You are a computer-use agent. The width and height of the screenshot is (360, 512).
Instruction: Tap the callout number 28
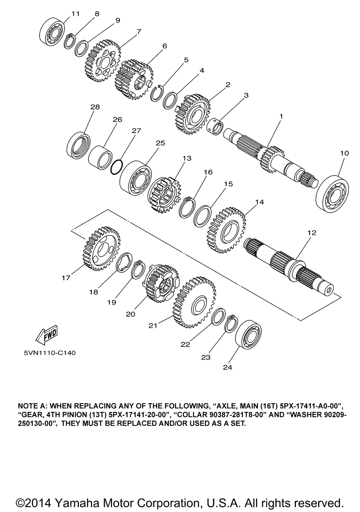(95, 107)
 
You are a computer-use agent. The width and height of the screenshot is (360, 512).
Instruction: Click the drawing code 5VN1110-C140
(50, 353)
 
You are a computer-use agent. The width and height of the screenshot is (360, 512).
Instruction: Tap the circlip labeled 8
(69, 41)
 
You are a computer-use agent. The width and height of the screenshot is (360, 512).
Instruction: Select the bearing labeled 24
(248, 334)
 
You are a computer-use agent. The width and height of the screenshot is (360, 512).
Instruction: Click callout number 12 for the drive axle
(311, 233)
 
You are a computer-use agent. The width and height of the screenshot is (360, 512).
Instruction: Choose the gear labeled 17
(101, 248)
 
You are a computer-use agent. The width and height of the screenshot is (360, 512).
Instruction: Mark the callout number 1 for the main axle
(281, 116)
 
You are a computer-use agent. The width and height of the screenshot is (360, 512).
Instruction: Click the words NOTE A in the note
(31, 404)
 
